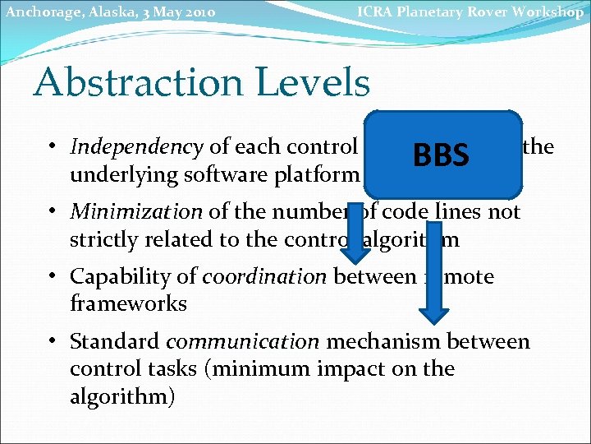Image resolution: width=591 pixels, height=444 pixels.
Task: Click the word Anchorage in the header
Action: point(38,12)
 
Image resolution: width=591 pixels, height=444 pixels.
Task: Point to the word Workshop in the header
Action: point(551,12)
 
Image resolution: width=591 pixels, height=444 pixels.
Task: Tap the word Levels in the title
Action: point(325,82)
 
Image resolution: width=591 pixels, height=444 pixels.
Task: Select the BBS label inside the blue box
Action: point(441,155)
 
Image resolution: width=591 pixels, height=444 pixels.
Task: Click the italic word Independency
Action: point(136,147)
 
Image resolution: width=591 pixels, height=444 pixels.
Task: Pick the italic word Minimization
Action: point(136,211)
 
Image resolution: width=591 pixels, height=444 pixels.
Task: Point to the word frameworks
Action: point(128,304)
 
